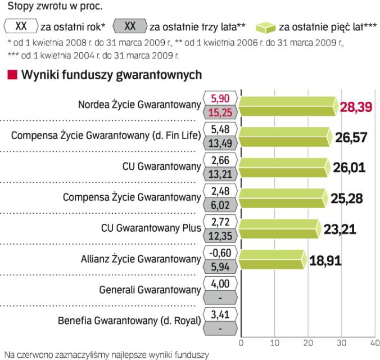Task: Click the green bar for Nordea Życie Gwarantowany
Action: [x=289, y=105]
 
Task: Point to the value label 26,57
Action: [x=353, y=138]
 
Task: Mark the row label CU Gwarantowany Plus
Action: [x=150, y=229]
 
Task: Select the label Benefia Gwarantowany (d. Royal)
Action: [x=129, y=321]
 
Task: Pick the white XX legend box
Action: [x=21, y=26]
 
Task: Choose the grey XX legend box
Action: [x=130, y=26]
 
